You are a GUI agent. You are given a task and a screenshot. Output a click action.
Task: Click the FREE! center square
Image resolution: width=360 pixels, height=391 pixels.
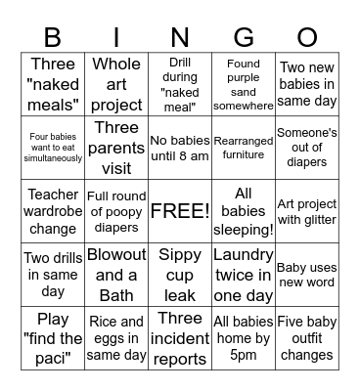[x=180, y=211]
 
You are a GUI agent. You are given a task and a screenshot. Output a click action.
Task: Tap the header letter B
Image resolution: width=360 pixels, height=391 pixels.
[x=53, y=38]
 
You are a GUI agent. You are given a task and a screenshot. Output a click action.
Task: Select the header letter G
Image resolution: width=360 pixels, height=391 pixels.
[x=244, y=38]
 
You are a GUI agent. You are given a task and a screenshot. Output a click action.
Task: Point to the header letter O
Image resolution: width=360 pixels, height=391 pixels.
[x=307, y=38]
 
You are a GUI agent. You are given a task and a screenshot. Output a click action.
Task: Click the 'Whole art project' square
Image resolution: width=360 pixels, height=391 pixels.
[x=116, y=85]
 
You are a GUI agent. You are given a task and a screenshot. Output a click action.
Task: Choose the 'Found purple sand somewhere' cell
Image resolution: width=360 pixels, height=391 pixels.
[x=244, y=85]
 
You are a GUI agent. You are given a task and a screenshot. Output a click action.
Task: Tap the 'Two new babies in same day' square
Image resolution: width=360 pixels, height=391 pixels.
[x=307, y=85]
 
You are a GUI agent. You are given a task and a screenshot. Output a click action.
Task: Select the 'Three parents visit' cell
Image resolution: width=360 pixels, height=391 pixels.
[x=116, y=148]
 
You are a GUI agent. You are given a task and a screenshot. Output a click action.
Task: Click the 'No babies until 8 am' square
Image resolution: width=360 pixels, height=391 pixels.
[x=180, y=148]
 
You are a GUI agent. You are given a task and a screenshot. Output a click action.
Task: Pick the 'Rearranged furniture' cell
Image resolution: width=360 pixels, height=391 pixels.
[x=244, y=148]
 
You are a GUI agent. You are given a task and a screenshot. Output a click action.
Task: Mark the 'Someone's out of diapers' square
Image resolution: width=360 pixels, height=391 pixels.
[x=307, y=148]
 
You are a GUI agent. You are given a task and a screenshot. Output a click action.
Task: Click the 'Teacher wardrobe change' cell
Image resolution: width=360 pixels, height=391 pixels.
[x=53, y=211]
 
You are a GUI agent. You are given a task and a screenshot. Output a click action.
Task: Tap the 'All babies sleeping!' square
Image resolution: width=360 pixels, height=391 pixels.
[x=244, y=211]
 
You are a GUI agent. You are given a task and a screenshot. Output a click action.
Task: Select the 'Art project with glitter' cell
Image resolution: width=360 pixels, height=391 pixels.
[x=307, y=211]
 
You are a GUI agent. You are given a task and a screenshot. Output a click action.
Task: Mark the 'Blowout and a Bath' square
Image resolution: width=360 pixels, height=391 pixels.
[x=116, y=275]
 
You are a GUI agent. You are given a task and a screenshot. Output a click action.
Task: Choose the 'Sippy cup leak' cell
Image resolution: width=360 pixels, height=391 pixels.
[x=180, y=275]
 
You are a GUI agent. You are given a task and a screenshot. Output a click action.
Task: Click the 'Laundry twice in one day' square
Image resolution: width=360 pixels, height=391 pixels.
[x=244, y=275]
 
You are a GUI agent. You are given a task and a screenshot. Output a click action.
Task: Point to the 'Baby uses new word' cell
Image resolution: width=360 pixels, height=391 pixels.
[x=307, y=275]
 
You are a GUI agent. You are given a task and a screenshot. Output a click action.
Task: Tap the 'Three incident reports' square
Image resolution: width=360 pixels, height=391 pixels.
[x=180, y=338]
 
